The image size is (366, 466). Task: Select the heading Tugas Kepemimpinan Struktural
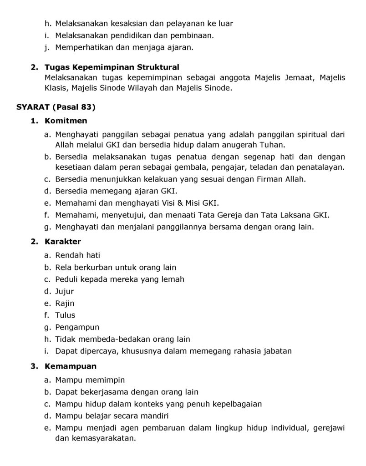(112, 67)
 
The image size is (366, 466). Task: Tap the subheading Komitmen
(66, 121)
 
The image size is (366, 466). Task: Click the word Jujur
(64, 291)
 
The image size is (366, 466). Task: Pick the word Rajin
(65, 303)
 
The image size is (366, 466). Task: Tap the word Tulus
(65, 315)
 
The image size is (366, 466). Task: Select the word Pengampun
(77, 327)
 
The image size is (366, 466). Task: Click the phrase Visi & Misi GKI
(195, 203)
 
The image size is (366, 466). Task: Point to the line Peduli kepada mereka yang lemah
(120, 279)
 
